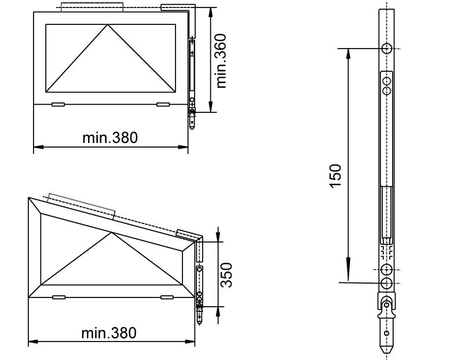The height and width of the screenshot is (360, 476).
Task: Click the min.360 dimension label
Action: pos(220,60)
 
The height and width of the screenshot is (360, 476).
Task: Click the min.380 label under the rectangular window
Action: pos(110,138)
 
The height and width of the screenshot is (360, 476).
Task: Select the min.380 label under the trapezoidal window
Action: pos(109,333)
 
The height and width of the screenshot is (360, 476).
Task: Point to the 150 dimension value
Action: pos(335,175)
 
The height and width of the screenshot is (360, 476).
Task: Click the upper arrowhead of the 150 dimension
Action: pos(348,54)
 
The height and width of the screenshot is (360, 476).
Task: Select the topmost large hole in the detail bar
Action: pos(387,48)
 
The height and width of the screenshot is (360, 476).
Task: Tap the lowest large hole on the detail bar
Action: pos(387,282)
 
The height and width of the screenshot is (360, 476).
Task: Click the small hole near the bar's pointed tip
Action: pos(387,335)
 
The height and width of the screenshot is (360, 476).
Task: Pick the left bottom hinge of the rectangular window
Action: pos(58,104)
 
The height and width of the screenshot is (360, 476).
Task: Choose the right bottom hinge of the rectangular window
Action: pos(162,104)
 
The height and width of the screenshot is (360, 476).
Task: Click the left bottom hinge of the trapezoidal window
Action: pos(58,297)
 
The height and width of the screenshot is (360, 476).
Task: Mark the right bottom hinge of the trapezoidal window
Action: pos(167,297)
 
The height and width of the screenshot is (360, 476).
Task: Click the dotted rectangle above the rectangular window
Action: pos(91,8)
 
